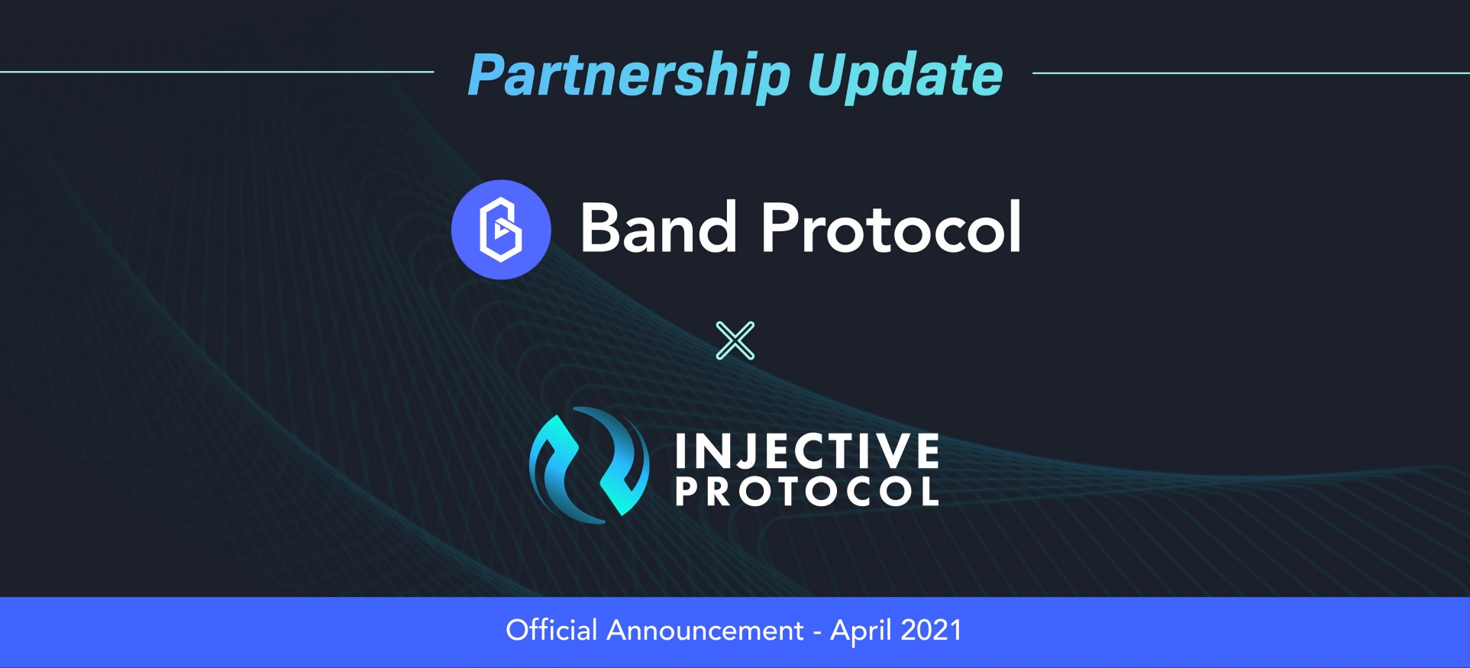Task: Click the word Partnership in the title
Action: click(629, 76)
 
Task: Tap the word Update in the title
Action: click(905, 76)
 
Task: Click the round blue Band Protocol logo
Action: click(501, 229)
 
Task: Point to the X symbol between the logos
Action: click(735, 340)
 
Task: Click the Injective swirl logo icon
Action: click(590, 465)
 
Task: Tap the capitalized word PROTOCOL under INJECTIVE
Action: click(807, 492)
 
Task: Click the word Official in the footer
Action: click(551, 631)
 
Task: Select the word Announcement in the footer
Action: click(705, 631)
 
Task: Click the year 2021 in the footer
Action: click(931, 631)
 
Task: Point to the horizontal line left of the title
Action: click(217, 72)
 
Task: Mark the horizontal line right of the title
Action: click(1251, 73)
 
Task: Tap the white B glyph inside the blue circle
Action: click(501, 229)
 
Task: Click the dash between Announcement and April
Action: click(817, 633)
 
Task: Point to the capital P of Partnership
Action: click(486, 75)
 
